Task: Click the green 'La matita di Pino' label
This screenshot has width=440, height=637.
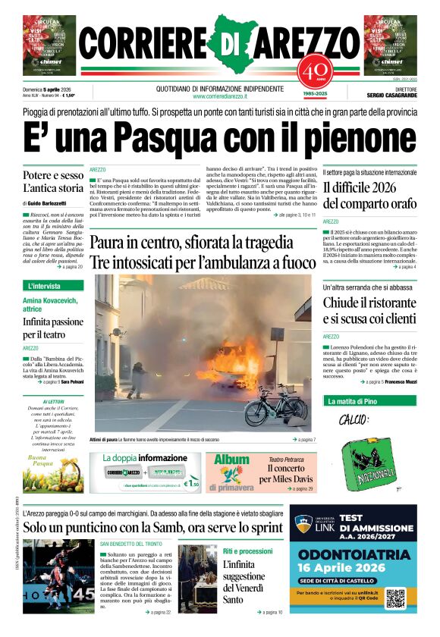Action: (351, 400)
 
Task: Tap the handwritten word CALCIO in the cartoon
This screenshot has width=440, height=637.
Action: (353, 419)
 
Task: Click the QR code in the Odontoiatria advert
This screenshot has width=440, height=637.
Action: (396, 597)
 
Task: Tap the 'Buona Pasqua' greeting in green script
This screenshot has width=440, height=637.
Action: (42, 461)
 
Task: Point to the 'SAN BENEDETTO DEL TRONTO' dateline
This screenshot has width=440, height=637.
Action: (130, 544)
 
